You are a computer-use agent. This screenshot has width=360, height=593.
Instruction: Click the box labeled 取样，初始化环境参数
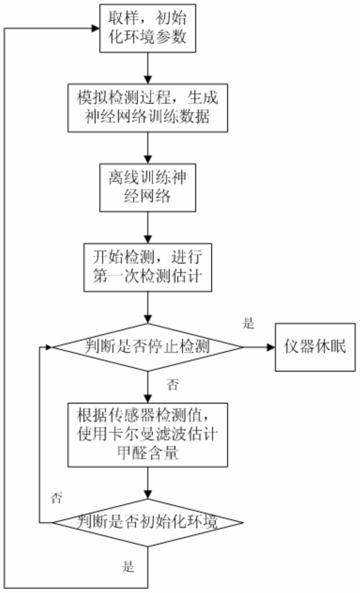(x=148, y=28)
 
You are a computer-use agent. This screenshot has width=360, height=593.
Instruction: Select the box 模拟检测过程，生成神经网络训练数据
(x=148, y=108)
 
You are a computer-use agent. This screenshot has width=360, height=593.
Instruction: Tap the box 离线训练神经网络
(x=148, y=188)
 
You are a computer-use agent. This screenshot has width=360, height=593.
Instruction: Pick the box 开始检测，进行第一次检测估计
(x=148, y=267)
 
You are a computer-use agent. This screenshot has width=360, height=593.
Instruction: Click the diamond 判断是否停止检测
(x=148, y=347)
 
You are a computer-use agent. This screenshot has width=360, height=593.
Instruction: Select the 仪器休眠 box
(x=315, y=347)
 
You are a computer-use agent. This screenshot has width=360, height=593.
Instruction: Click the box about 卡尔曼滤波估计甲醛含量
(x=148, y=435)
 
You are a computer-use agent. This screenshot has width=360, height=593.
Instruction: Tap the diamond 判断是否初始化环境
(x=148, y=523)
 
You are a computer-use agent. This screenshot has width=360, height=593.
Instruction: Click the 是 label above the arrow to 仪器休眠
(x=248, y=324)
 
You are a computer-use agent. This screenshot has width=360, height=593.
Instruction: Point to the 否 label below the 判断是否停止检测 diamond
(x=173, y=385)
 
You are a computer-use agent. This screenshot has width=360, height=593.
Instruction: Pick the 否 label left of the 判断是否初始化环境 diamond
(x=56, y=498)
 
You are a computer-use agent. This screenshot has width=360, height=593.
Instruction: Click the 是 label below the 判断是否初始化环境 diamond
(x=128, y=567)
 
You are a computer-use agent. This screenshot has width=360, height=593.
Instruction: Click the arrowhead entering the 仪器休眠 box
(x=271, y=347)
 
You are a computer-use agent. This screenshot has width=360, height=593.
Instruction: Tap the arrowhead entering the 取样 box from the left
(x=96, y=28)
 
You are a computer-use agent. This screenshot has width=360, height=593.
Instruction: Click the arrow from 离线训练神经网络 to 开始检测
(x=148, y=228)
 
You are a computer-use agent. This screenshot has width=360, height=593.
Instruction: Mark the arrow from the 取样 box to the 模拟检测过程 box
(x=148, y=68)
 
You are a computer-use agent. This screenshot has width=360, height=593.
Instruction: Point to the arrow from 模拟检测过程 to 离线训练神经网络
(x=148, y=148)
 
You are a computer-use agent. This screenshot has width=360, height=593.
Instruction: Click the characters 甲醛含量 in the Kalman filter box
(x=148, y=454)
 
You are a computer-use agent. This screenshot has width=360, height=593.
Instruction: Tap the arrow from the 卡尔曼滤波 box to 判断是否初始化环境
(x=148, y=483)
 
